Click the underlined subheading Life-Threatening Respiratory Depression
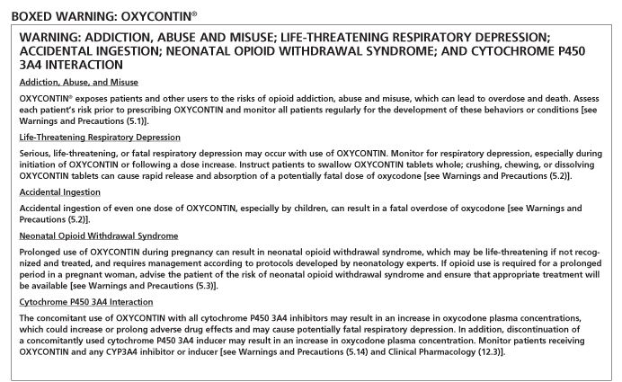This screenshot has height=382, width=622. (x=100, y=137)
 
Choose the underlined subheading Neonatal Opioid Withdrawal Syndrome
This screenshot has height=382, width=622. (x=98, y=235)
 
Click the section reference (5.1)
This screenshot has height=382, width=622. (x=163, y=120)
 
